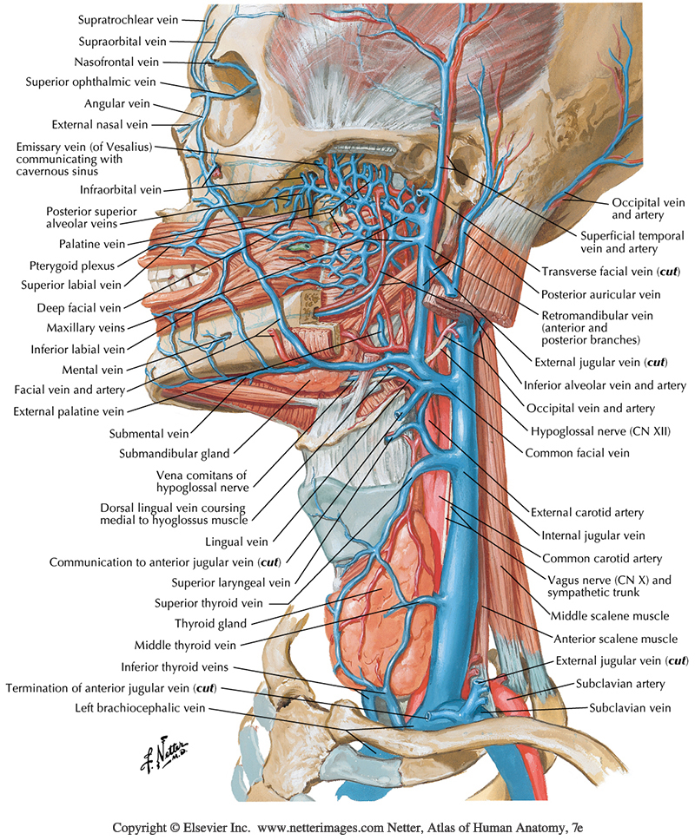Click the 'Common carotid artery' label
coord(601,558)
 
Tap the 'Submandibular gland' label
coord(175,452)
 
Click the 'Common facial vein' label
coord(577,452)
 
